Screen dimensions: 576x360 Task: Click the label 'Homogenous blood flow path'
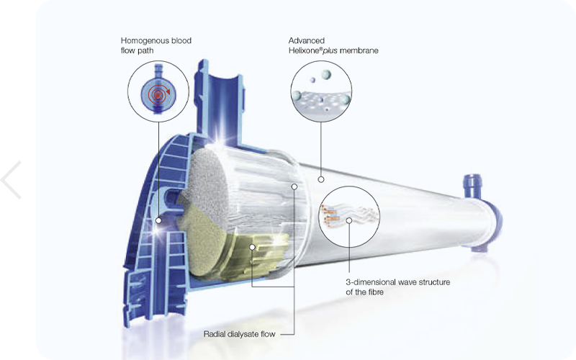(x=156, y=45)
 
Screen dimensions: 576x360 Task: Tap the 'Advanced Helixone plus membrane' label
(x=333, y=45)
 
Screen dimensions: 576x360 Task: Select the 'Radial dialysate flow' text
(x=239, y=334)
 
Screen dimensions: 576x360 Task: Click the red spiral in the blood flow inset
(x=158, y=94)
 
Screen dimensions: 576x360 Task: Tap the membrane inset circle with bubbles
(x=321, y=91)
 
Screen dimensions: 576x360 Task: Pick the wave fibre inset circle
(x=349, y=217)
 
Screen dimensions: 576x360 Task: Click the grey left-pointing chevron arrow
(x=10, y=179)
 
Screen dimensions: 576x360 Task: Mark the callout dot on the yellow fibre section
(x=252, y=247)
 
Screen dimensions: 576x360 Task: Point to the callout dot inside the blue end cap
(x=158, y=220)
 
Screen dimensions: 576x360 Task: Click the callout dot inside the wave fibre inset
(x=349, y=220)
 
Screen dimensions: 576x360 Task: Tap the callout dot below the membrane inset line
(x=321, y=179)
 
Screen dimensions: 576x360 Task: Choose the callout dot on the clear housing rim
(x=294, y=186)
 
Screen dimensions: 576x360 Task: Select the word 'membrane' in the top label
(x=359, y=50)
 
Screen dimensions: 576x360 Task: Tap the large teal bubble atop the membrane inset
(x=325, y=75)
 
